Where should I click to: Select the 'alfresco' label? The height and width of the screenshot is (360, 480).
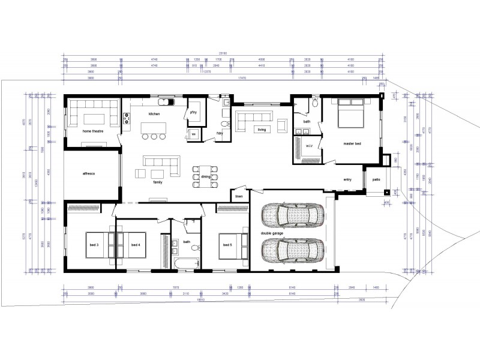[90, 173]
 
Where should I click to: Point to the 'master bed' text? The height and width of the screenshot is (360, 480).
[352, 143]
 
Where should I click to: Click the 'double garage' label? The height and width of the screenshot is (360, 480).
[272, 233]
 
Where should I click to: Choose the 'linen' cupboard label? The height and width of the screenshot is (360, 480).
[239, 196]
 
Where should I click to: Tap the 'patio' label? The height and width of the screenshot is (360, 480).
[376, 179]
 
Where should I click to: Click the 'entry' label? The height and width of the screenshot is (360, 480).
[347, 179]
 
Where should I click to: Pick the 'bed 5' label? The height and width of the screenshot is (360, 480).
[227, 245]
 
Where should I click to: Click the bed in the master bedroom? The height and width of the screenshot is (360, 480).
[352, 115]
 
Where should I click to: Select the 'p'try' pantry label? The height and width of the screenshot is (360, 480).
[194, 112]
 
